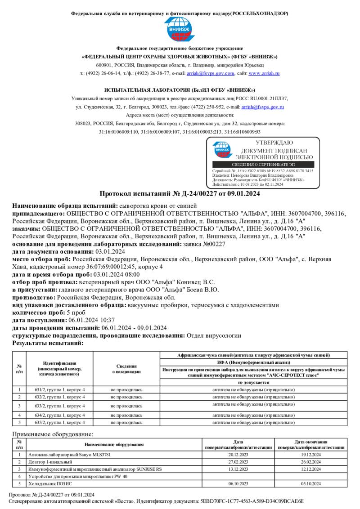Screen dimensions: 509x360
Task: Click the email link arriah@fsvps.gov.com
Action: [x=211, y=73]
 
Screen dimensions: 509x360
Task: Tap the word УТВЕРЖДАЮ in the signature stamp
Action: [x=274, y=143]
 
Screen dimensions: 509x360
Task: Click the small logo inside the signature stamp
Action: [x=221, y=150]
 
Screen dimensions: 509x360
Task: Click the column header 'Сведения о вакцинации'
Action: [x=126, y=369]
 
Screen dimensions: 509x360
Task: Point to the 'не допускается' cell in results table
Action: [x=253, y=382]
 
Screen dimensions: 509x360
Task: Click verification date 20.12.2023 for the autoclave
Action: [x=238, y=455]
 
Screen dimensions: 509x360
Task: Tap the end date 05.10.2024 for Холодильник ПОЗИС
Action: [x=310, y=483]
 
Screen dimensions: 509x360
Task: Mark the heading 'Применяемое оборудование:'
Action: [x=53, y=434]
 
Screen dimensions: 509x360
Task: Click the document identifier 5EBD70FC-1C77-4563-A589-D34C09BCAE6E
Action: [x=252, y=500]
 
